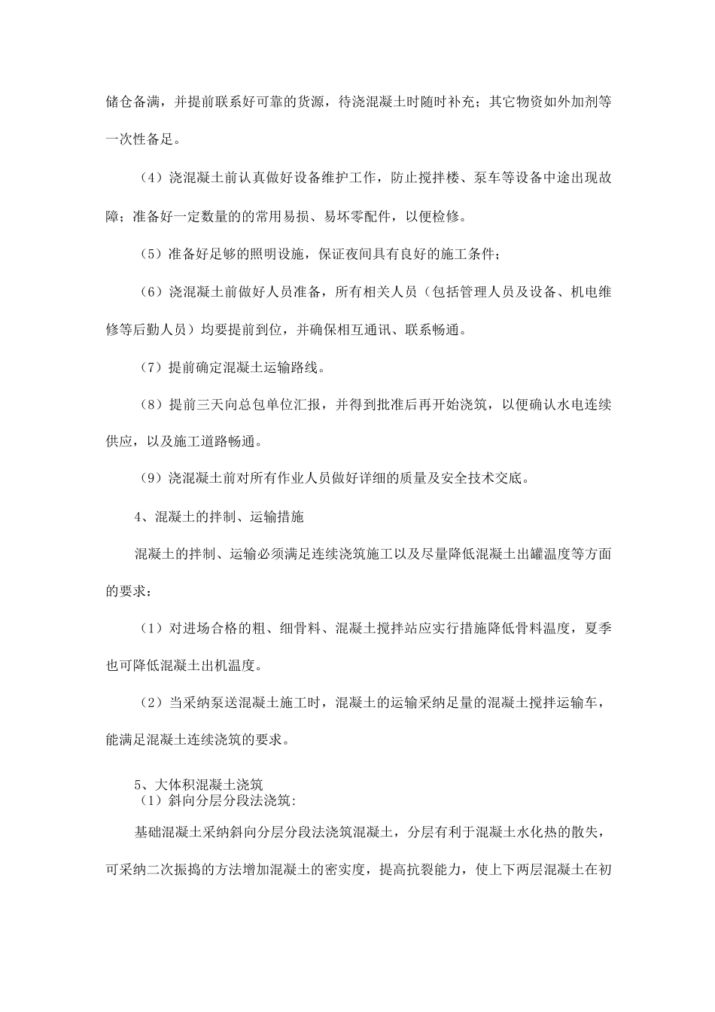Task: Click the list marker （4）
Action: click(x=151, y=178)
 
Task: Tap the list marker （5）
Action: click(x=151, y=255)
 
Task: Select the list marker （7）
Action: click(x=151, y=367)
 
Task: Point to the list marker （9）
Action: click(x=151, y=478)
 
